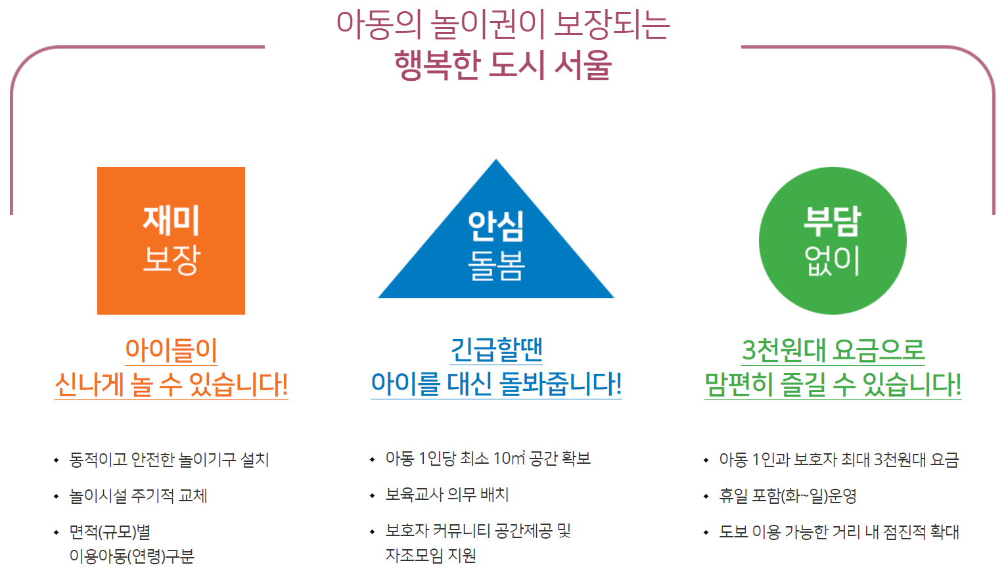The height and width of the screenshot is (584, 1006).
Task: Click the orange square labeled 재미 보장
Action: [171, 240]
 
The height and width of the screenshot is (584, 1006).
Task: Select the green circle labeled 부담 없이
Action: [833, 240]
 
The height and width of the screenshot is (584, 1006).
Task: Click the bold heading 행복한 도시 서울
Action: [503, 65]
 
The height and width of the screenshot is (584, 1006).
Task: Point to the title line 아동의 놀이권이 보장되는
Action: [503, 24]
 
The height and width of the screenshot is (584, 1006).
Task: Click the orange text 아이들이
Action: [171, 349]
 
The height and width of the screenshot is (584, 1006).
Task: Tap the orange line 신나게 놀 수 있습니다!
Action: [171, 385]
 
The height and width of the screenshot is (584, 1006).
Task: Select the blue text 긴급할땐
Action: [496, 349]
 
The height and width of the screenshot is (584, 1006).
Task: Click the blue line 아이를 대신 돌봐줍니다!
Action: [496, 384]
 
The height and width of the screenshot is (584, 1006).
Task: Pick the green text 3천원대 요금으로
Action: [833, 350]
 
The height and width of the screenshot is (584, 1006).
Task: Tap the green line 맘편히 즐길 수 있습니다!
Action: [833, 385]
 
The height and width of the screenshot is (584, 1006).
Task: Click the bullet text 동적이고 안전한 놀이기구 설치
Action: [169, 460]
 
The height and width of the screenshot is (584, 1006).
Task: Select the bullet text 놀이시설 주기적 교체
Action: [138, 496]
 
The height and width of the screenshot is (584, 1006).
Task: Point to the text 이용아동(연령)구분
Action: [131, 556]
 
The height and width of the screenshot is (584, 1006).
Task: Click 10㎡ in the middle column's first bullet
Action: [509, 458]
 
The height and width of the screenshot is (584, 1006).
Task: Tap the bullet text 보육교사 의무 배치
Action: [447, 495]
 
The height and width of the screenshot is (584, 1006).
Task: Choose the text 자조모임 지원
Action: [430, 556]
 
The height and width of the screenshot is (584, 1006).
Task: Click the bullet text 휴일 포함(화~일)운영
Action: [787, 496]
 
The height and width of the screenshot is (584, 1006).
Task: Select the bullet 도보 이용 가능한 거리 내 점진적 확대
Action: [839, 532]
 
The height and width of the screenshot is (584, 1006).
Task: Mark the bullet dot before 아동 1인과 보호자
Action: [706, 460]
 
